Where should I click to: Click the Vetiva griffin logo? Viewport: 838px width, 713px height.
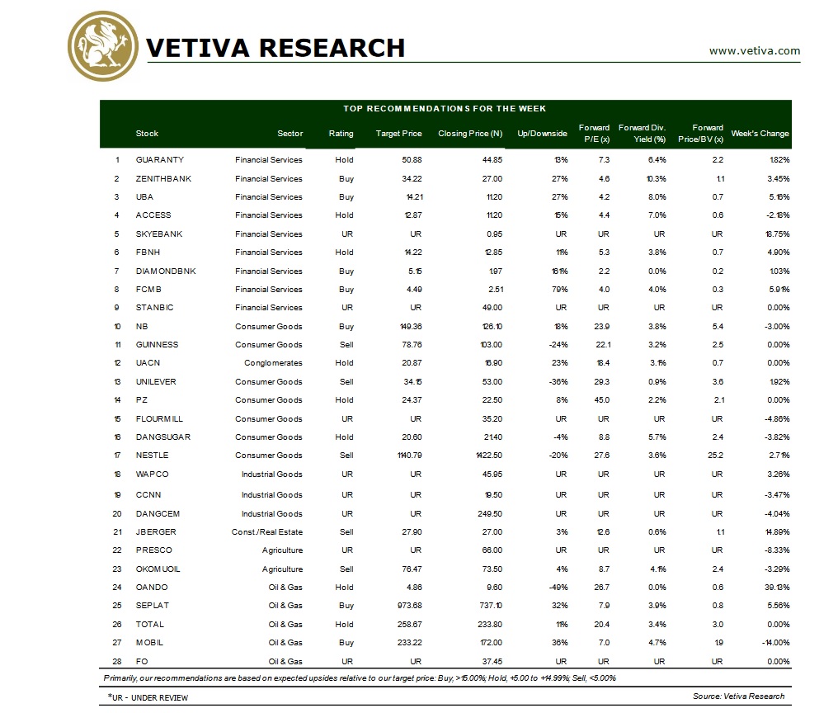pos(103,47)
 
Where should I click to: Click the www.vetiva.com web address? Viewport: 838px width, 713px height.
pos(754,51)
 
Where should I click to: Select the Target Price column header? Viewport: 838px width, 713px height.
pos(398,134)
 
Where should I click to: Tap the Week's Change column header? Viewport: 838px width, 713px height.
pos(760,134)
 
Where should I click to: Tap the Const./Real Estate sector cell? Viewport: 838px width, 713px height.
pos(267,532)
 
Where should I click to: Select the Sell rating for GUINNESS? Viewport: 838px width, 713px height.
pos(346,345)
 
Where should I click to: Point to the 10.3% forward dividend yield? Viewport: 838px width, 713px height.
pos(655,178)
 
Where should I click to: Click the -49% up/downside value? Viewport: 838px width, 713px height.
pos(557,588)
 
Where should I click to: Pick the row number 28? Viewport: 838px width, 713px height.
pos(117,661)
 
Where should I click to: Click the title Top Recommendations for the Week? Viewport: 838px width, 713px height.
pos(445,109)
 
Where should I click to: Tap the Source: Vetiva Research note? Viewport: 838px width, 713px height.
pos(738,696)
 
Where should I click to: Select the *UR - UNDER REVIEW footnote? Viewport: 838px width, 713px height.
pos(148,698)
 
